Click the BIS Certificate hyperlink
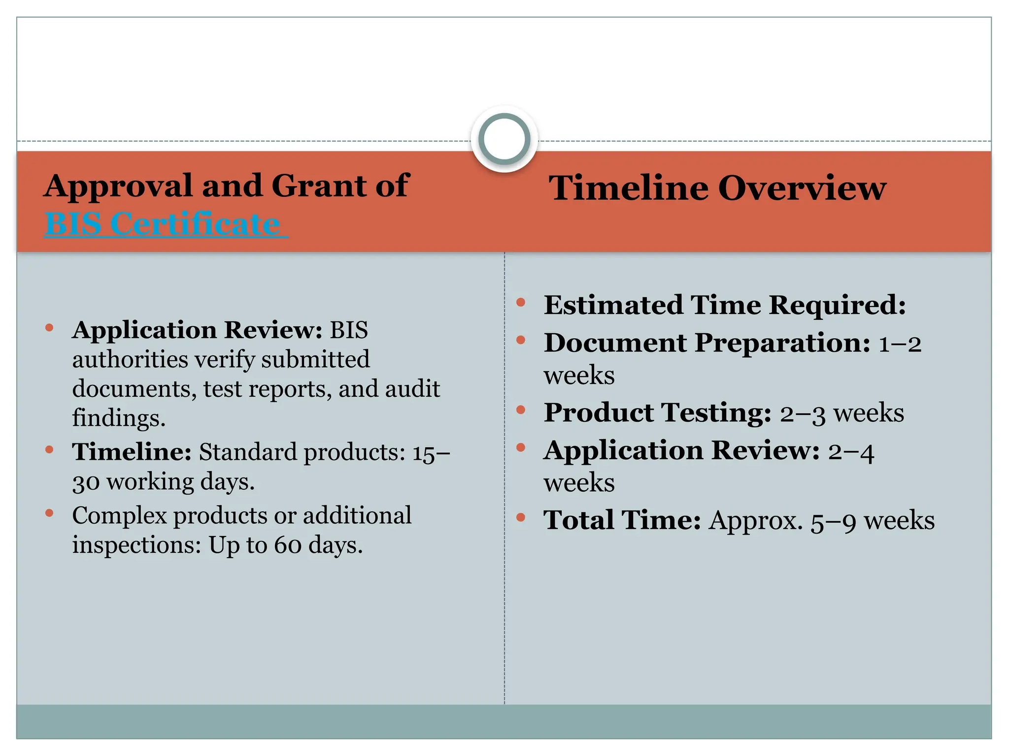pos(163,224)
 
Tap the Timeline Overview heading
pos(717,188)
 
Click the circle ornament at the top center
pos(504,139)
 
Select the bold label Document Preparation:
pos(707,343)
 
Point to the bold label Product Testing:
pos(657,412)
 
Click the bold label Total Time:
pos(622,520)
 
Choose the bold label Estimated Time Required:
pos(725,305)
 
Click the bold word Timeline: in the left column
pos(132,452)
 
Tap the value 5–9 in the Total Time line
pos(833,521)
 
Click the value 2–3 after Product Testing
pos(802,413)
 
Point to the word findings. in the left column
pos(119,418)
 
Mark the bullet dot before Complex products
pos(49,513)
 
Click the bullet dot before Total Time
pos(521,517)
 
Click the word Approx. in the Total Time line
pos(756,521)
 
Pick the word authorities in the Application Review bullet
pos(130,359)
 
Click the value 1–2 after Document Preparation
pos(900,344)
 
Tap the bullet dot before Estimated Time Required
pos(521,302)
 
